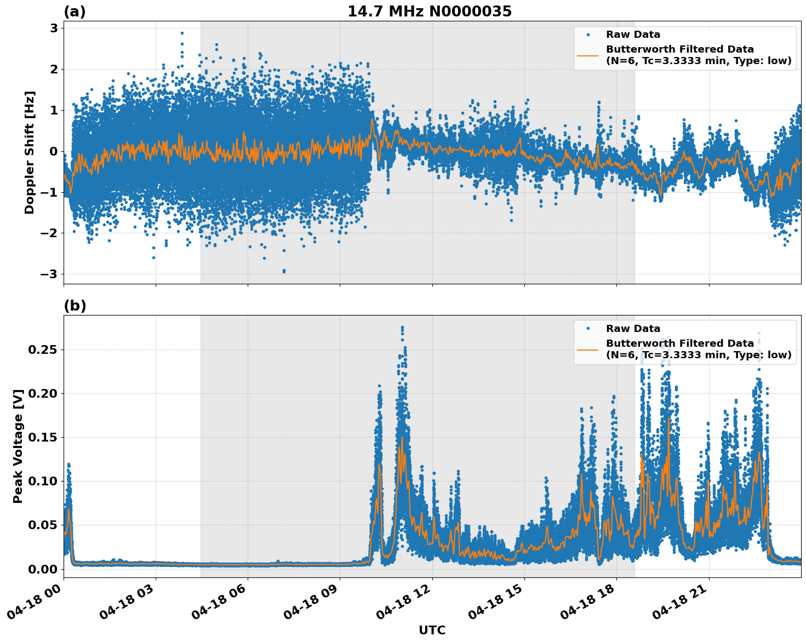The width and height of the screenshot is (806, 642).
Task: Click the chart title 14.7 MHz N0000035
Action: click(x=429, y=12)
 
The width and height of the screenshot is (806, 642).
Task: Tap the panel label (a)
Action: click(x=75, y=12)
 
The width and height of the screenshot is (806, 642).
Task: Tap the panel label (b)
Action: click(x=75, y=306)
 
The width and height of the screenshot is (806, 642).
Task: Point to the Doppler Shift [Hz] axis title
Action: click(x=30, y=152)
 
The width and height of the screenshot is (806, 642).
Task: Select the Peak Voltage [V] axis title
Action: click(x=19, y=446)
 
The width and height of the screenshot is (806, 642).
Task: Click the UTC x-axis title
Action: click(x=432, y=630)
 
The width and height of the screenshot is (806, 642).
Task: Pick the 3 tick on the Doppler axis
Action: click(x=54, y=28)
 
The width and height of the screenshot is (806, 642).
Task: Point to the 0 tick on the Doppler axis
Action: click(x=54, y=151)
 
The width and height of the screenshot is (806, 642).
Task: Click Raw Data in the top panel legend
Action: click(x=633, y=35)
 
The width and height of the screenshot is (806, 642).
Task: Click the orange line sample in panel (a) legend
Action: click(x=588, y=55)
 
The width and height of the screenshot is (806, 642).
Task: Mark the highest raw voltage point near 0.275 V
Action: click(x=402, y=327)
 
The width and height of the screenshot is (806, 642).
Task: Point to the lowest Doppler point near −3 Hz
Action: click(x=284, y=271)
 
